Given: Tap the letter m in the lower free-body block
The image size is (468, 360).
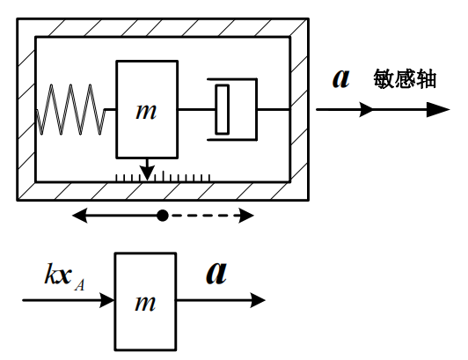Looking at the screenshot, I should (x=145, y=304).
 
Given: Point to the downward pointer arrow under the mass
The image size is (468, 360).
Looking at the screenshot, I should (x=147, y=168).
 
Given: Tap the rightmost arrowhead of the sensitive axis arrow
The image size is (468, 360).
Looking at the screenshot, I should (x=439, y=110).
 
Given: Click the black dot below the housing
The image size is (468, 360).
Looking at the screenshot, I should (x=162, y=215).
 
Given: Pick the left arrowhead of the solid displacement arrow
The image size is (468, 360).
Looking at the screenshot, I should (x=79, y=215).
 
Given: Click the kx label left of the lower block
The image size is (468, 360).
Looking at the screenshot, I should (x=58, y=274).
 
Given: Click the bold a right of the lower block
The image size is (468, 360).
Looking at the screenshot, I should (x=216, y=273).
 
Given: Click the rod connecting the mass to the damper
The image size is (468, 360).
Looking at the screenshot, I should (x=193, y=109).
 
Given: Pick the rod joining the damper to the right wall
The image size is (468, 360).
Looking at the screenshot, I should (x=274, y=109).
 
